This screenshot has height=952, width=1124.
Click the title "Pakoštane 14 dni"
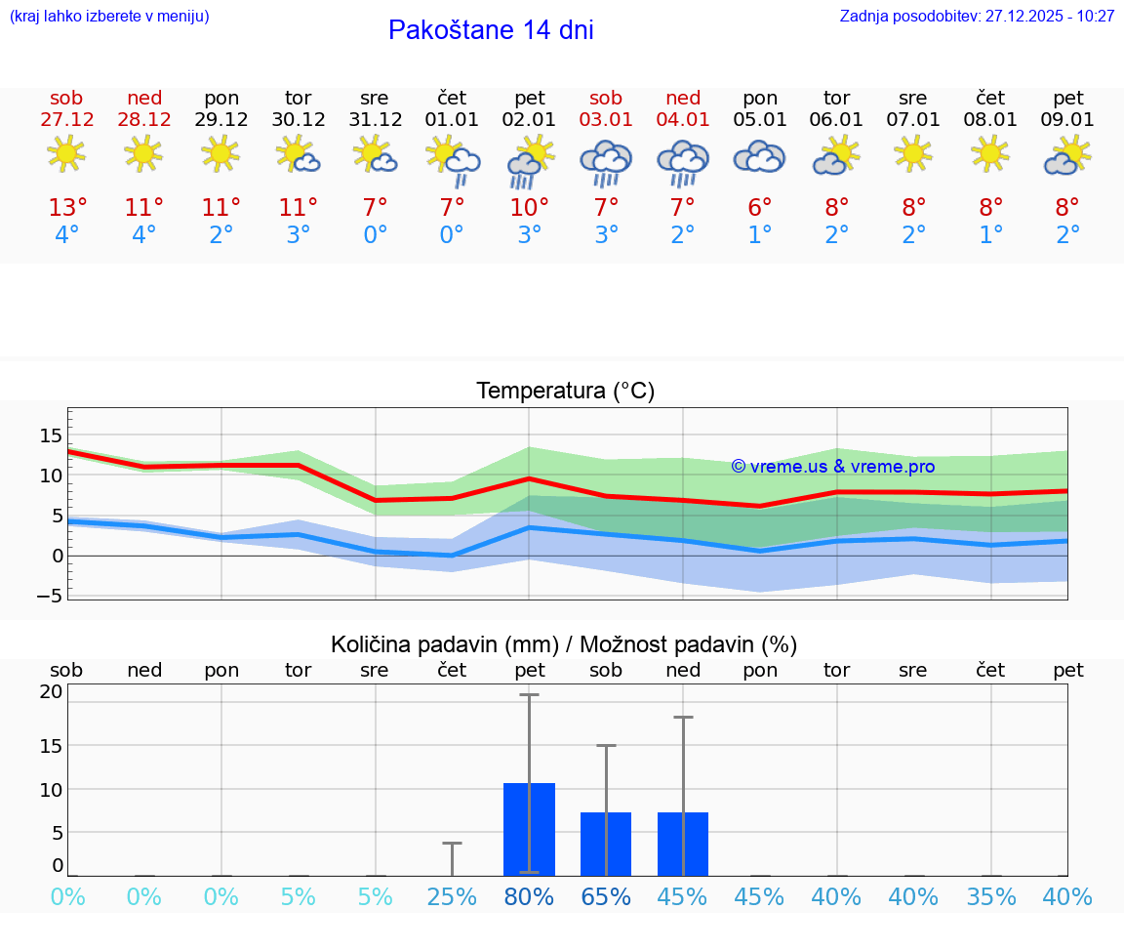tap(491, 30)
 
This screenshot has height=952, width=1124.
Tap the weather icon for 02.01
tap(530, 161)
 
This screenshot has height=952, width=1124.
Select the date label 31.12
tap(375, 120)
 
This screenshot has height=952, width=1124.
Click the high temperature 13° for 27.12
tap(67, 208)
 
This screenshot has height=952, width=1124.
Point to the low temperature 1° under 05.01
tap(760, 235)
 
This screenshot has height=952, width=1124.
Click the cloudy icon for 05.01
tap(759, 157)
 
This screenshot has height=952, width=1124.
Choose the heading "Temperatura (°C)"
tap(565, 392)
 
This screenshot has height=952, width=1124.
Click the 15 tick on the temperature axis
tap(51, 435)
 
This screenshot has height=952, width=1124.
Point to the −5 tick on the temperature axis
tap(49, 596)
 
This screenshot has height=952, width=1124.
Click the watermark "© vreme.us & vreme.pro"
tap(833, 467)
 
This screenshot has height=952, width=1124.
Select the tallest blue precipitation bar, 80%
tap(529, 829)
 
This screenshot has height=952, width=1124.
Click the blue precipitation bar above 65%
tap(606, 844)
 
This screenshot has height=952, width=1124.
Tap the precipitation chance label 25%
tap(452, 897)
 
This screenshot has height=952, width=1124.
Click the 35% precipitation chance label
tap(991, 897)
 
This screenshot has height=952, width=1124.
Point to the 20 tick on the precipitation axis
tap(51, 692)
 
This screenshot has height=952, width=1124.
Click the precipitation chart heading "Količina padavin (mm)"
tap(445, 644)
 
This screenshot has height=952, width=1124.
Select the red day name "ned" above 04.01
tap(683, 98)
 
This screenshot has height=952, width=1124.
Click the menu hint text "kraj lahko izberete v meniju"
tap(109, 16)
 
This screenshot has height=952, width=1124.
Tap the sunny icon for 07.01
tap(913, 153)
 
